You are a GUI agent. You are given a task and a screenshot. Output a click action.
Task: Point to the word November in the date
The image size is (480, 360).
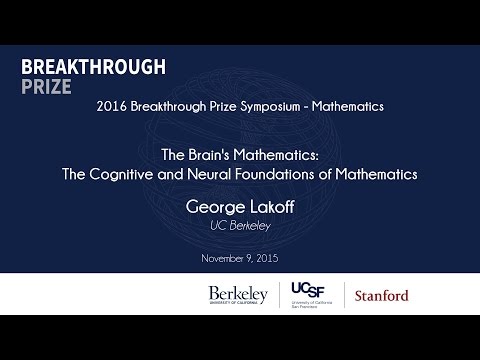tap(222, 259)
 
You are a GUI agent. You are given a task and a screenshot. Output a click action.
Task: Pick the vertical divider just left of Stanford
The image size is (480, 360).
tap(343, 296)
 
